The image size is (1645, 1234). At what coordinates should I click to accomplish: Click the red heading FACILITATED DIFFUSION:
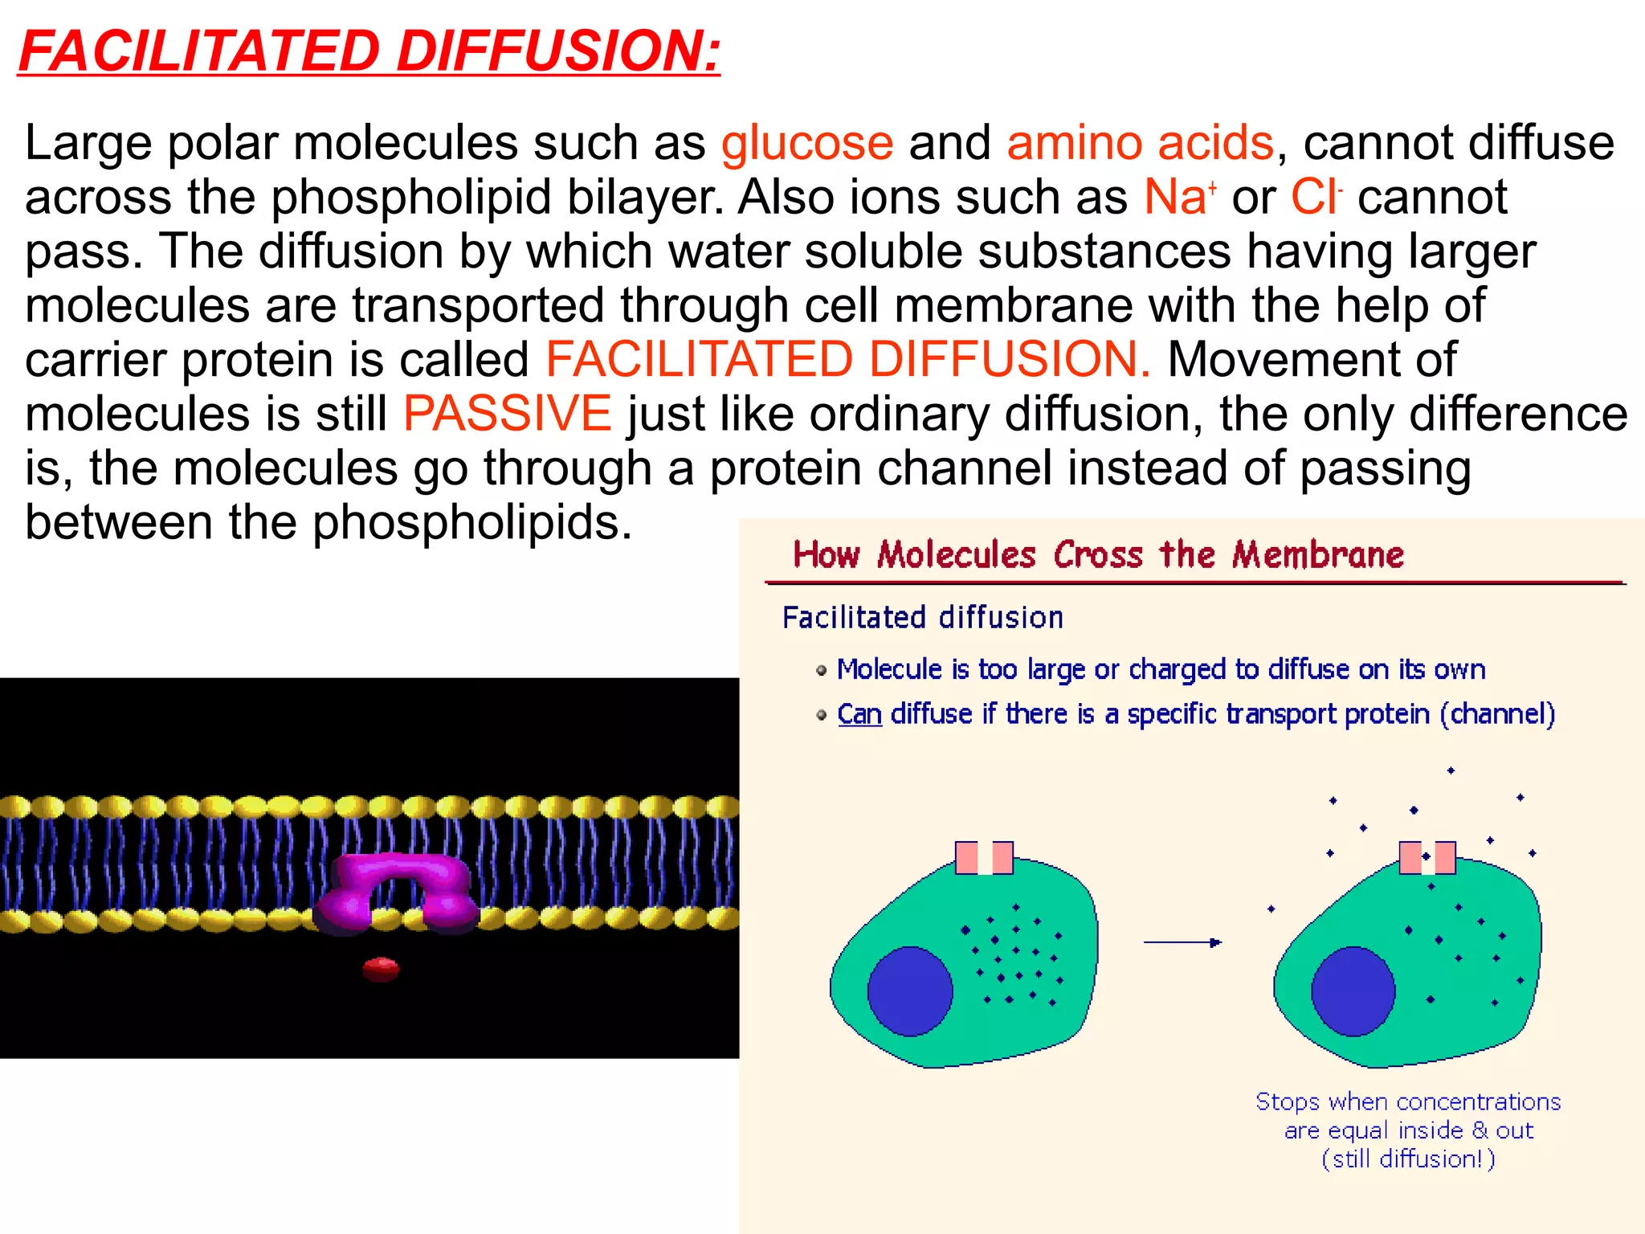pyautogui.click(x=369, y=51)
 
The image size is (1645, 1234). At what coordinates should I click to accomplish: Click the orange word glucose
pyautogui.click(x=806, y=144)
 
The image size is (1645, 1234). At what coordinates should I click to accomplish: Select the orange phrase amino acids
pyautogui.click(x=1140, y=144)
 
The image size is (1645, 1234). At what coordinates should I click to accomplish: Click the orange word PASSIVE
pyautogui.click(x=507, y=414)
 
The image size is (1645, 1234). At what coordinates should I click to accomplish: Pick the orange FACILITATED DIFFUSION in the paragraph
pyautogui.click(x=847, y=359)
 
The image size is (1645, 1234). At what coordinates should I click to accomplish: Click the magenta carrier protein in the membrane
pyautogui.click(x=398, y=892)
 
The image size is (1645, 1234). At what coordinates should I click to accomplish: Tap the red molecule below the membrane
pyautogui.click(x=381, y=969)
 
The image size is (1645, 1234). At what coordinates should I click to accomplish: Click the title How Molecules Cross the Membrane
pyautogui.click(x=1098, y=555)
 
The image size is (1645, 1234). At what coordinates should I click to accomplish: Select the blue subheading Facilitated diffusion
pyautogui.click(x=923, y=618)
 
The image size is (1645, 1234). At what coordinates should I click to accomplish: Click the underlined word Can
pyautogui.click(x=859, y=714)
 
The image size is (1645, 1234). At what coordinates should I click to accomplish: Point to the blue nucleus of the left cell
pyautogui.click(x=910, y=991)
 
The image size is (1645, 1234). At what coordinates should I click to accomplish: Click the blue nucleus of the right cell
pyautogui.click(x=1353, y=991)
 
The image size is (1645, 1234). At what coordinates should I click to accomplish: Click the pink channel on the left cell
pyautogui.click(x=983, y=858)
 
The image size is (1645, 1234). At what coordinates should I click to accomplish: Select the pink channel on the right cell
pyautogui.click(x=1427, y=858)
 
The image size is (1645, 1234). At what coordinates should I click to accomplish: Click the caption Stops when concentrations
pyautogui.click(x=1408, y=1101)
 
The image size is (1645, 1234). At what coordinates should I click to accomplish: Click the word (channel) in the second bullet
pyautogui.click(x=1497, y=714)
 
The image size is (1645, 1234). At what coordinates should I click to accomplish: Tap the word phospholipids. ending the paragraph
pyautogui.click(x=472, y=522)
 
